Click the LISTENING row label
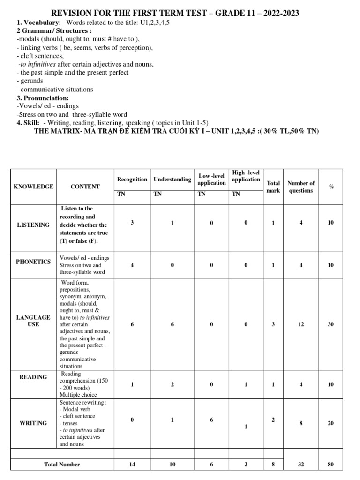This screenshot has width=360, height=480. pyautogui.click(x=33, y=225)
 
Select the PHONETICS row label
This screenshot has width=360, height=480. pyautogui.click(x=33, y=262)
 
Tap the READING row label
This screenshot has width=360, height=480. pyautogui.click(x=33, y=377)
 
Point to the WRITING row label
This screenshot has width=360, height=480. pyautogui.click(x=33, y=423)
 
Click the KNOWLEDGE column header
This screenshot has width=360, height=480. pyautogui.click(x=34, y=187)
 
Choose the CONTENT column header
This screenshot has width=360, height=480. pyautogui.click(x=85, y=187)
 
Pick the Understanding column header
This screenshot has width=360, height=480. pyautogui.click(x=172, y=180)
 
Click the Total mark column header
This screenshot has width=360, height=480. pyautogui.click(x=273, y=187)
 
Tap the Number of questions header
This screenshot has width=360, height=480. pyautogui.click(x=301, y=187)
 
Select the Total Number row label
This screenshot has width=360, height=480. pyautogui.click(x=62, y=465)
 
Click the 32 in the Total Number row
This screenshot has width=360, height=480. pyautogui.click(x=301, y=465)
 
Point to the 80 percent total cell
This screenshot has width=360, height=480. pyautogui.click(x=331, y=465)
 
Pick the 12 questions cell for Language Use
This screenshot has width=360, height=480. pyautogui.click(x=301, y=324)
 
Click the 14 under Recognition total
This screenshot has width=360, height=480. pyautogui.click(x=132, y=465)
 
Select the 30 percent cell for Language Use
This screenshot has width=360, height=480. pyautogui.click(x=331, y=324)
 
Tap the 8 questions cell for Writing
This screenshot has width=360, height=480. pyautogui.click(x=301, y=423)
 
